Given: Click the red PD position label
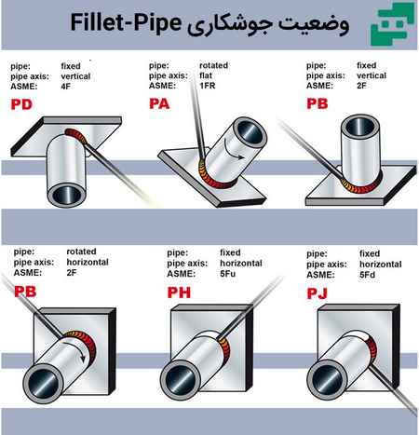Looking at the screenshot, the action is coord(21,104).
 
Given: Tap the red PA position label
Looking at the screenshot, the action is coord(159,103).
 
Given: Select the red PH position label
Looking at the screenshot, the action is coord(179,292).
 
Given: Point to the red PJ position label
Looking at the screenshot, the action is coord(317,293).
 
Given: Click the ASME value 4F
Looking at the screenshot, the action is coord(65,87).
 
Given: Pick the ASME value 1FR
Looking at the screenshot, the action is coord(207,86).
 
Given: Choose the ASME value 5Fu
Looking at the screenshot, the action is coord(227,274).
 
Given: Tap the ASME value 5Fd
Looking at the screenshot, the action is coord(367,275).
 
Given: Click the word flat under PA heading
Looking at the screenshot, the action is coord(206,75).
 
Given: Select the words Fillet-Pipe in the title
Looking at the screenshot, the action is coord(126,22).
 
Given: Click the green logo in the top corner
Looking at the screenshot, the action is coord(393,23).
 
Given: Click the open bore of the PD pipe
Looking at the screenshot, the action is coord(66,196).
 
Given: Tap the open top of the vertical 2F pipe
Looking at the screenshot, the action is coord(360,127).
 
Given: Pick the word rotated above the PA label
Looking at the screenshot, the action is coord(213,65).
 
